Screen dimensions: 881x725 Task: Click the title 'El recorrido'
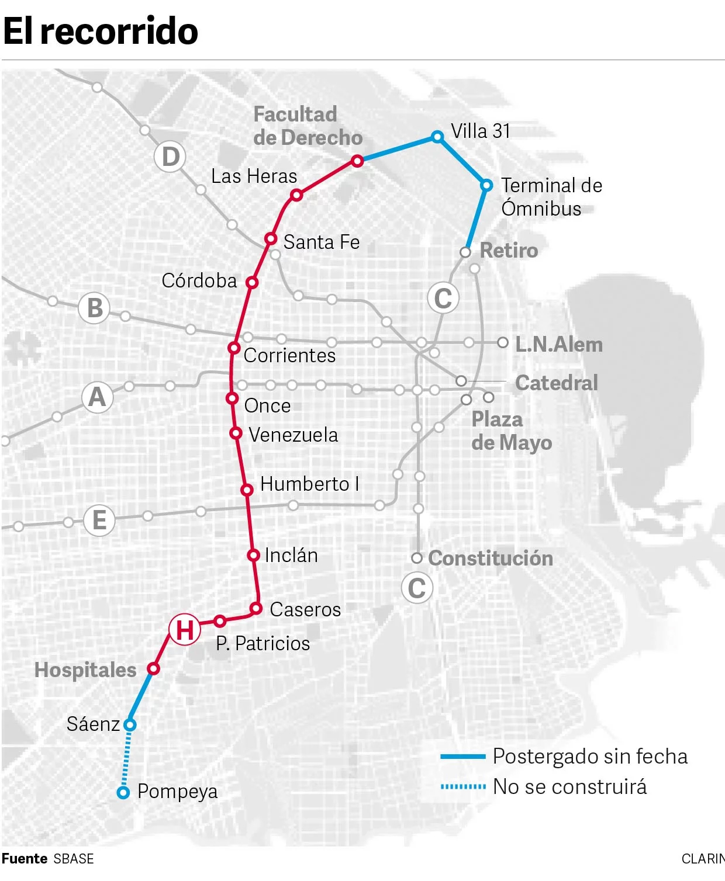101,31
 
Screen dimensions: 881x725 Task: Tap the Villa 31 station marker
437,137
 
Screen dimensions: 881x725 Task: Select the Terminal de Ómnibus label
551,197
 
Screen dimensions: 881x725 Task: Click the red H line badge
185,629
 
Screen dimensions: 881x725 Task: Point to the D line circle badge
170,157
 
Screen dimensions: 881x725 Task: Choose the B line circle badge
95,308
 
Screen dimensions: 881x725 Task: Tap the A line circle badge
97,397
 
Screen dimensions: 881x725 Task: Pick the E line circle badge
99,520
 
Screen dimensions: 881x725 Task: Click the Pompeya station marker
123,793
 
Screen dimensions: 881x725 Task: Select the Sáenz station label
93,724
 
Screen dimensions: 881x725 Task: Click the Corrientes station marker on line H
234,348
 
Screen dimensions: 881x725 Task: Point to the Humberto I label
309,484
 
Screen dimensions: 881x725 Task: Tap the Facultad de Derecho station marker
357,161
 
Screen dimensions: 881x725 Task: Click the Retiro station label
509,250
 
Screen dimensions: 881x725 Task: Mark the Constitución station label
491,558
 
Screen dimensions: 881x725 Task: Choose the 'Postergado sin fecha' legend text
590,757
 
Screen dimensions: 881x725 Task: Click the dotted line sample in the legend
463,787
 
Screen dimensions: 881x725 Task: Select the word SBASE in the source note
74,859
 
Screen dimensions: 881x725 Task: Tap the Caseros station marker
256,609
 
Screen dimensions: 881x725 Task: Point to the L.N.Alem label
558,344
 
